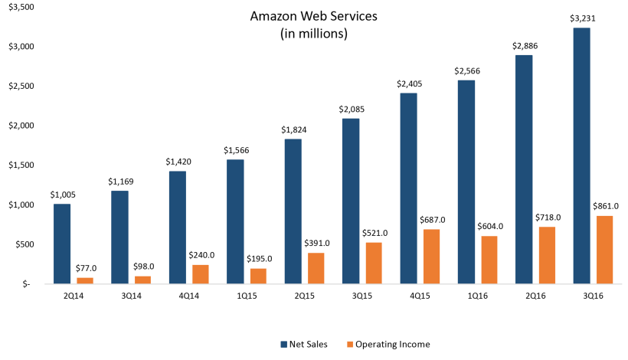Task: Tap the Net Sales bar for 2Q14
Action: (63, 244)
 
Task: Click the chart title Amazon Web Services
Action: (314, 16)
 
